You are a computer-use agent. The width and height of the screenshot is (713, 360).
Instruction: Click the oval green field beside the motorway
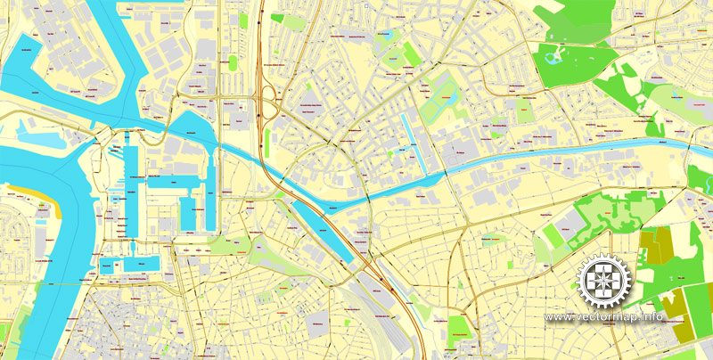click(x=234, y=62)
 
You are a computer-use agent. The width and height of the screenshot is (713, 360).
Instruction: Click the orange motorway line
click(x=258, y=53)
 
